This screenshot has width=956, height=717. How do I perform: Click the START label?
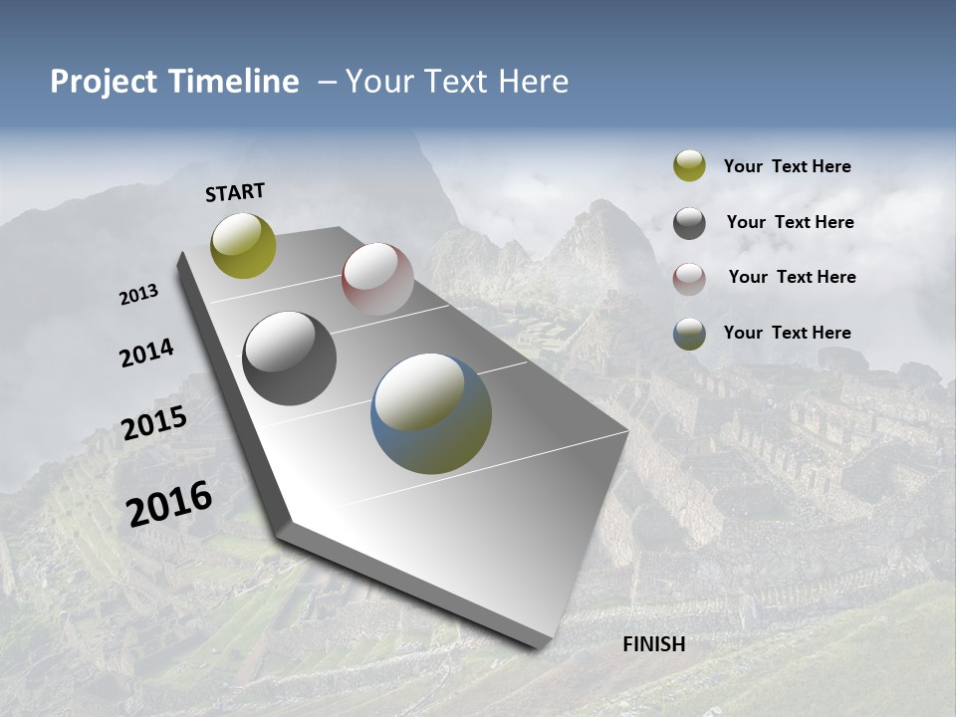pyautogui.click(x=235, y=192)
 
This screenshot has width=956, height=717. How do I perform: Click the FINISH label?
pyautogui.click(x=653, y=644)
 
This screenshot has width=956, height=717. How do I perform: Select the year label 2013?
pyautogui.click(x=138, y=295)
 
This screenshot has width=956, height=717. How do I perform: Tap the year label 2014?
pyautogui.click(x=146, y=354)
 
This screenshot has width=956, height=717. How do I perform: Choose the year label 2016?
pyautogui.click(x=169, y=504)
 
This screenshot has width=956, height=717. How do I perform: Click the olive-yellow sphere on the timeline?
pyautogui.click(x=243, y=245)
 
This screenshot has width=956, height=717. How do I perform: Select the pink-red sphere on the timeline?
pyautogui.click(x=377, y=279)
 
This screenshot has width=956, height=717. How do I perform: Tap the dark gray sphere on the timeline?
pyautogui.click(x=290, y=358)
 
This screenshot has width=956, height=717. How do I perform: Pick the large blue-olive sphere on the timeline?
pyautogui.click(x=431, y=413)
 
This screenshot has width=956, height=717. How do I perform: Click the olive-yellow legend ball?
pyautogui.click(x=689, y=165)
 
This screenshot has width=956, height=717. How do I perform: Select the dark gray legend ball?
pyautogui.click(x=689, y=223)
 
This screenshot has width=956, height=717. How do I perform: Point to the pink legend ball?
pyautogui.click(x=689, y=278)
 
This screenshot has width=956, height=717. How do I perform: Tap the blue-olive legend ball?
pyautogui.click(x=689, y=334)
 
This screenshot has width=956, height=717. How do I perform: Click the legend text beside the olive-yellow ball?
pyautogui.click(x=787, y=166)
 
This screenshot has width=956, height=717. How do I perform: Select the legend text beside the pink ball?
pyautogui.click(x=792, y=277)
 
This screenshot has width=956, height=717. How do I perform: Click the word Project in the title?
pyautogui.click(x=104, y=82)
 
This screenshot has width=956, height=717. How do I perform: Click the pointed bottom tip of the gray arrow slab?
pyautogui.click(x=538, y=646)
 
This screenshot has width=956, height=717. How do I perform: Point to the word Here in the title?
pyautogui.click(x=533, y=82)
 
